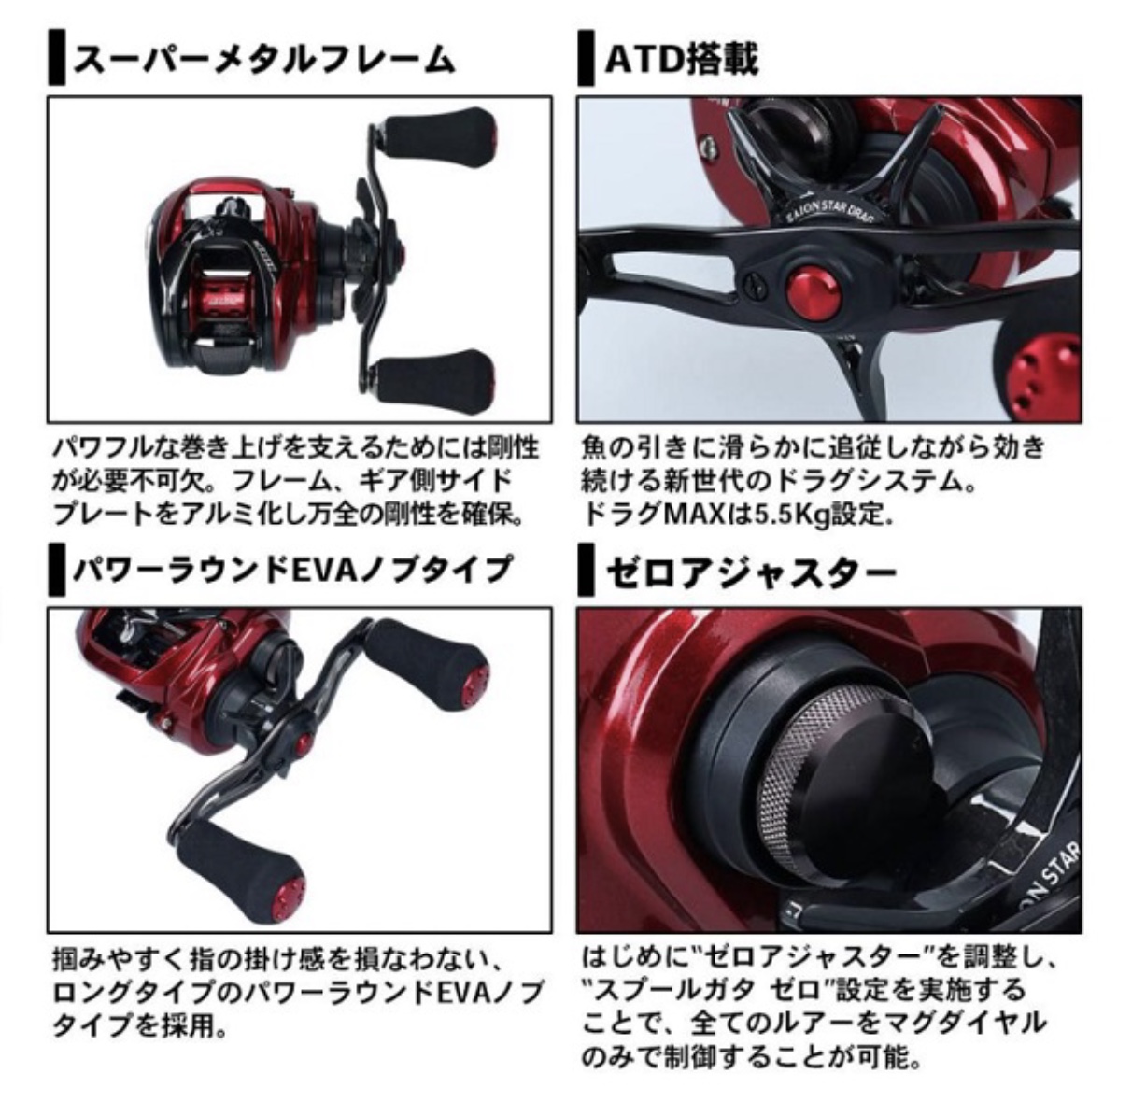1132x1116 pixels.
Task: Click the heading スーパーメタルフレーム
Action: (x=263, y=61)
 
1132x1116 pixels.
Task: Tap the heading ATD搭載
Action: (x=682, y=60)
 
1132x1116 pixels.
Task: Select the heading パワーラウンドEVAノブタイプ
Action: (x=291, y=571)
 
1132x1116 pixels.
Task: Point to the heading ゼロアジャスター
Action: (x=751, y=571)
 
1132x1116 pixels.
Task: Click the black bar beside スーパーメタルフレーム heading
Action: (x=56, y=60)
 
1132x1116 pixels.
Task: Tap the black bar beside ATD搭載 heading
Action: (x=586, y=60)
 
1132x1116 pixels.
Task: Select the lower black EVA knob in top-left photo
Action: (x=434, y=376)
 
